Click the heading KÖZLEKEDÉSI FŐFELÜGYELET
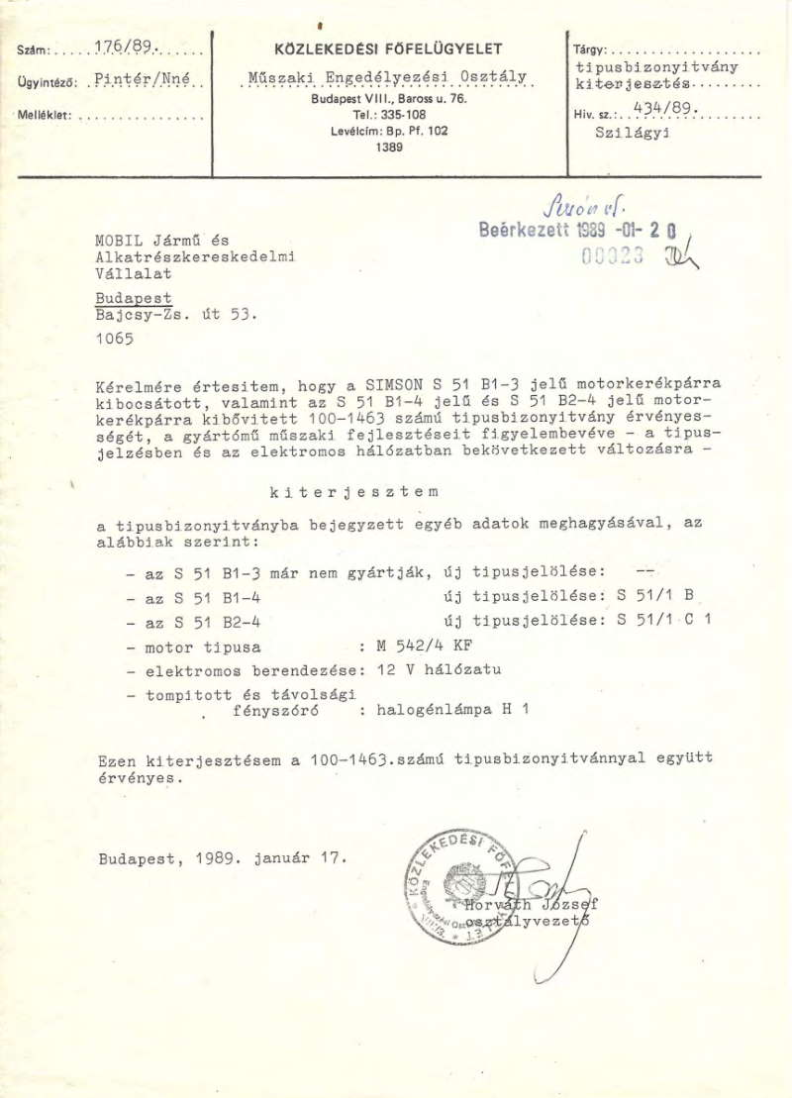click(388, 49)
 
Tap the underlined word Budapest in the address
click(134, 298)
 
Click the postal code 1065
click(115, 339)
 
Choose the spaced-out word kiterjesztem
click(353, 491)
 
